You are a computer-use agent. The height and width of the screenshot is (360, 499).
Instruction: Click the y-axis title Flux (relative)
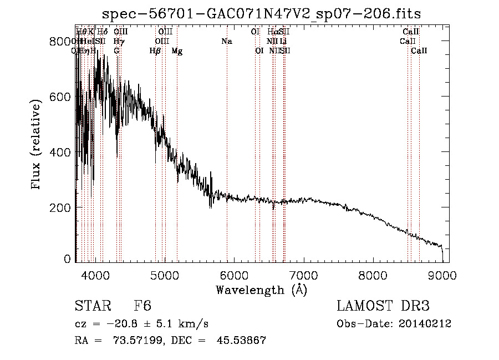pyautogui.click(x=37, y=146)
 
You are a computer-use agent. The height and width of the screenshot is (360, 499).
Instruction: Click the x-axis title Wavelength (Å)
pyautogui.click(x=261, y=290)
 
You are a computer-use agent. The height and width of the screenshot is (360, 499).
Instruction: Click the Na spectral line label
pyautogui.click(x=226, y=41)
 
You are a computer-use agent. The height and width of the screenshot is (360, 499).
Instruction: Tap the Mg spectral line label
pyautogui.click(x=177, y=51)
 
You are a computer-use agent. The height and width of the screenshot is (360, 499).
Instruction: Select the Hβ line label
pyautogui.click(x=155, y=51)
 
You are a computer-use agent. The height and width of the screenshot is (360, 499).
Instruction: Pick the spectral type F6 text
pyautogui.click(x=142, y=306)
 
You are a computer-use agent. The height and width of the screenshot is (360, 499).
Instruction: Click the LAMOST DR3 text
pyautogui.click(x=383, y=306)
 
